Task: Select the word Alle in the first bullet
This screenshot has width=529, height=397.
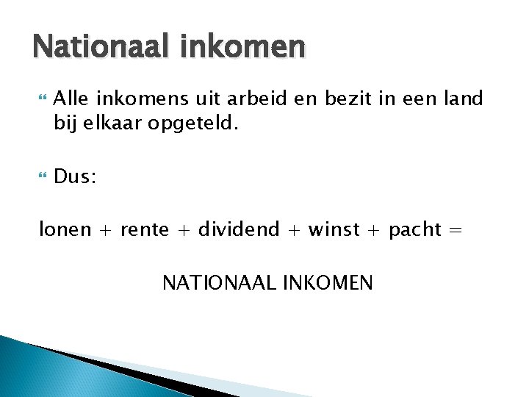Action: [70, 99]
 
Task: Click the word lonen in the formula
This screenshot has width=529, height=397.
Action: [65, 230]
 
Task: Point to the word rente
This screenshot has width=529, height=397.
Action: [144, 230]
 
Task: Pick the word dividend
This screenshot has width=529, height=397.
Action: [238, 230]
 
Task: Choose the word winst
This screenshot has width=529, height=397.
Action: [334, 230]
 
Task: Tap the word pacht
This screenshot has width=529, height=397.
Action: [415, 230]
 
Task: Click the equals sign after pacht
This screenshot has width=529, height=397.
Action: [456, 230]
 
